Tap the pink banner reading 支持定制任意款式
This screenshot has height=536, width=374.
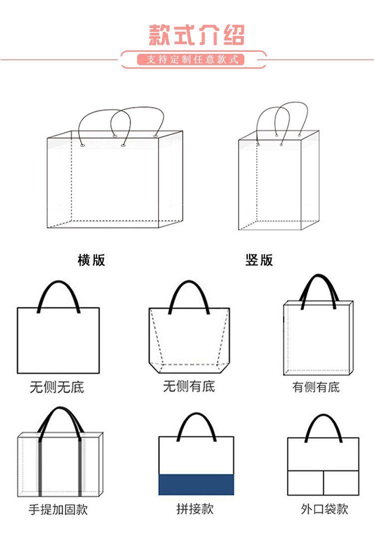tap(192, 60)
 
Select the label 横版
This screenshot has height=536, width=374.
tap(91, 260)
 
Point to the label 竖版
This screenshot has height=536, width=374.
tap(259, 260)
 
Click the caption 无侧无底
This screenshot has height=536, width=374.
tap(57, 387)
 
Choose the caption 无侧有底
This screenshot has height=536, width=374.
tap(189, 386)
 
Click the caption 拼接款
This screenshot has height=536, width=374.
tap(194, 509)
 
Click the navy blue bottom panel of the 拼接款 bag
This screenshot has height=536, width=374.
tap(196, 484)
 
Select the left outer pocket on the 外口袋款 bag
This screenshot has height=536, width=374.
tap(306, 482)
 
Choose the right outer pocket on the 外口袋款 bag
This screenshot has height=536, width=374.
tap(341, 482)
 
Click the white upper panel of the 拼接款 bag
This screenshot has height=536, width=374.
tap(196, 456)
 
